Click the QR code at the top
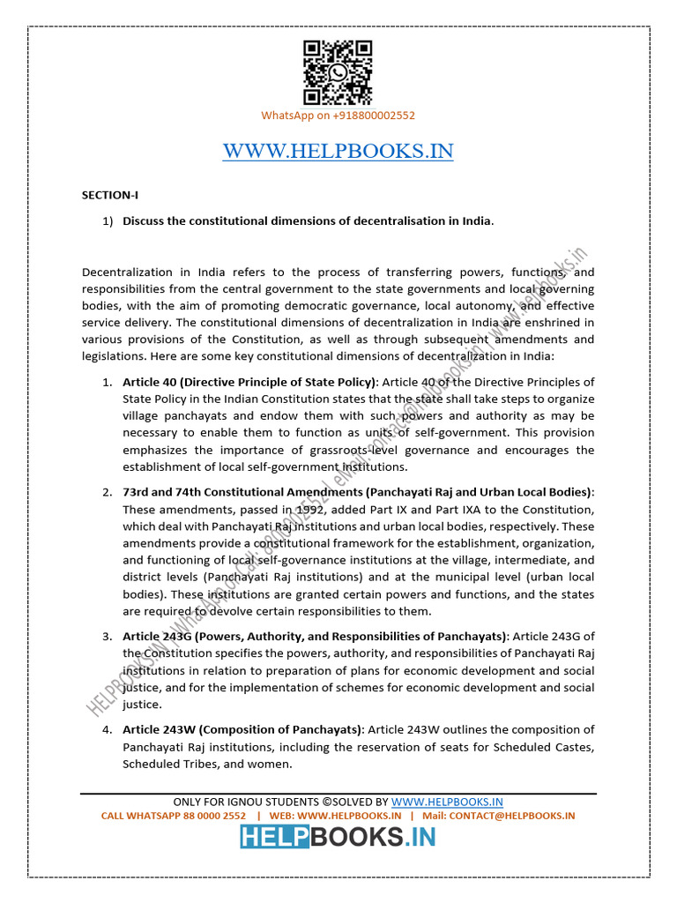pos(338,73)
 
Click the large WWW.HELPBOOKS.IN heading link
pos(338,152)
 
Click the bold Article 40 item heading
pos(249,382)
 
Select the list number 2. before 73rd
pos(106,492)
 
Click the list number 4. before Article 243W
pos(106,729)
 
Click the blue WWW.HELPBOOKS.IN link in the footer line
pos(447,802)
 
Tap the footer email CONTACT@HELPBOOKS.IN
pos(511,816)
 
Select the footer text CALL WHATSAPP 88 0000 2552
pos(174,816)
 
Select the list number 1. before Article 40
pos(106,382)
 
